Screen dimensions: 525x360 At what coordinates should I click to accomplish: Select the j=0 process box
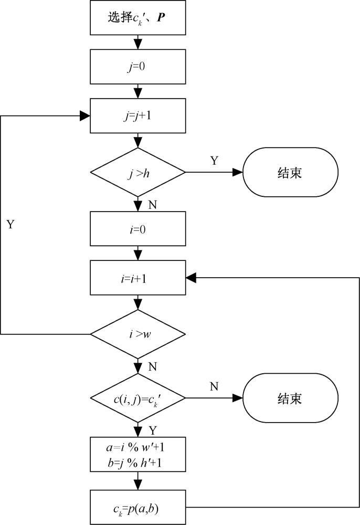pos(138,67)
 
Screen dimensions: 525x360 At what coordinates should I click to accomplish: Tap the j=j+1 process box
pos(138,116)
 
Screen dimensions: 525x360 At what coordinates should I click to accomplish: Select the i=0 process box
pos(138,229)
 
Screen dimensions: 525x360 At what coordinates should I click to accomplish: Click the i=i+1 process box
pos(138,278)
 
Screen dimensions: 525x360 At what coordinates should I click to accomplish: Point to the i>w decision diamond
pos(138,333)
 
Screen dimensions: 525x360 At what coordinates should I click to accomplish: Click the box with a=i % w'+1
pos(138,454)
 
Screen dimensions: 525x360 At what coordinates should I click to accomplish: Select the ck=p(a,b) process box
pos(138,507)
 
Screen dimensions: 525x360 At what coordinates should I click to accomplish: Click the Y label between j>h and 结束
pos(214,161)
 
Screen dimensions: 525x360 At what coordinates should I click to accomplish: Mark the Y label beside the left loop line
pos(10,224)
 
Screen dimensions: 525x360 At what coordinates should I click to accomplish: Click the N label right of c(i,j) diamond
pos(214,387)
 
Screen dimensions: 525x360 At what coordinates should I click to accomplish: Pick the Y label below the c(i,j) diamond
pos(153,430)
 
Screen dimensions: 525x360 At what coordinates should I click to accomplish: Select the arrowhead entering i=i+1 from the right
pos(191,278)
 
